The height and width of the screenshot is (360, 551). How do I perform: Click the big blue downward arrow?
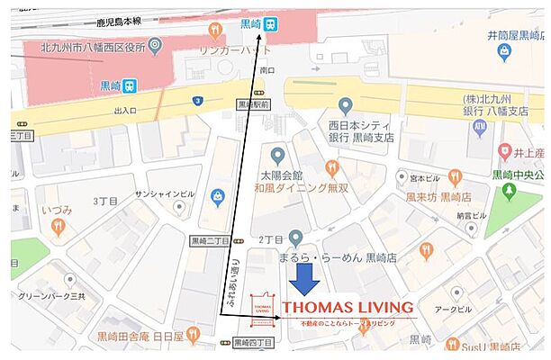(304, 278)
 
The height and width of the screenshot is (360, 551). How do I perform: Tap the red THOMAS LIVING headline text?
(347, 307)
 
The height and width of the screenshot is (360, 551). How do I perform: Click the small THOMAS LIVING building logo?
(261, 309)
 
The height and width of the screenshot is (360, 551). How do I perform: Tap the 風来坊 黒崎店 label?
(438, 195)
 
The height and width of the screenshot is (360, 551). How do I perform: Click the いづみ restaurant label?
(56, 210)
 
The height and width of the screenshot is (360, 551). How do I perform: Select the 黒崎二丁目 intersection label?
(209, 242)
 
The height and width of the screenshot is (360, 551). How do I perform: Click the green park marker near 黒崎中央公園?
(509, 191)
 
